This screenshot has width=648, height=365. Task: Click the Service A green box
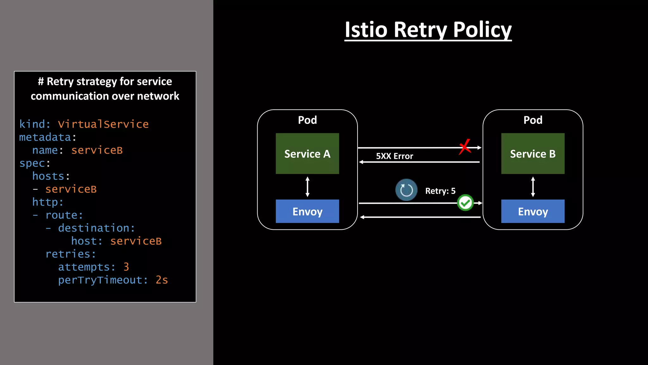pos(307,154)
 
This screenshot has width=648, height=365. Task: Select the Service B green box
pos(533,154)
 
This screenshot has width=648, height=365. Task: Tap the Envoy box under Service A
pos(307,211)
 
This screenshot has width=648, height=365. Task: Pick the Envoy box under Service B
pos(533,211)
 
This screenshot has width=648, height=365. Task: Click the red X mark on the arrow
pos(465,147)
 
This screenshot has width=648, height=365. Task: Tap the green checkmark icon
pos(465,203)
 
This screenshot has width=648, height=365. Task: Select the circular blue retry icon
pos(406,190)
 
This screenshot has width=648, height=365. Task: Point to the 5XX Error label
pos(395,156)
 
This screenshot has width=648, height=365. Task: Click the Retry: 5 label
pos(440,191)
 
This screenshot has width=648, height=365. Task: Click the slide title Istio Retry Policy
pos(428,30)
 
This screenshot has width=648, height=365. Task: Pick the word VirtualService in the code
pos(103,124)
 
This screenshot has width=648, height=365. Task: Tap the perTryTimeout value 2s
pos(162,280)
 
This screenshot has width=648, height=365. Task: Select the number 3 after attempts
pos(126,267)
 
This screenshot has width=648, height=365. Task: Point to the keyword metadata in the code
pos(45,137)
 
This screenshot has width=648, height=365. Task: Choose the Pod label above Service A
pos(307,120)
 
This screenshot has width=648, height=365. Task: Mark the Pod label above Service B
pos(533,120)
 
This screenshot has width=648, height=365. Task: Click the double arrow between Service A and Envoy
pos(307,187)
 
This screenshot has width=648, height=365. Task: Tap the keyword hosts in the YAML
pos(48,176)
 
